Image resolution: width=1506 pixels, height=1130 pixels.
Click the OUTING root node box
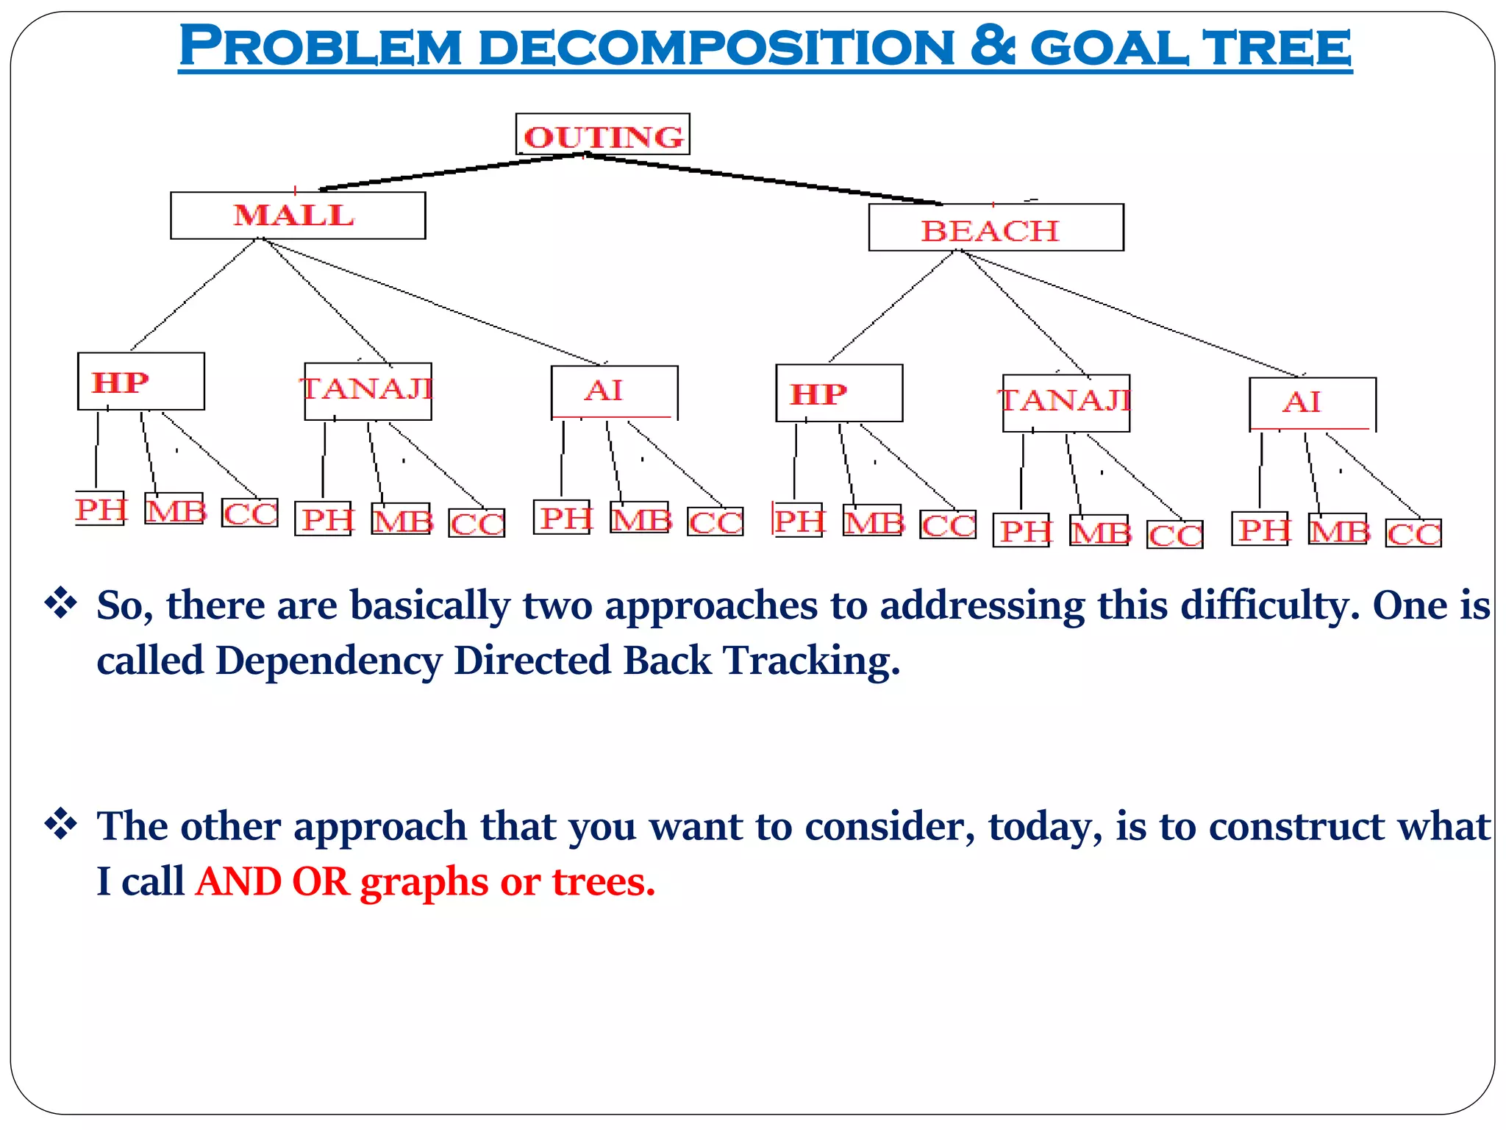point(602,135)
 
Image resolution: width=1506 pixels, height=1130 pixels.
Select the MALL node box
point(297,216)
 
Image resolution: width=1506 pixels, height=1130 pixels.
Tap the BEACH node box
point(996,228)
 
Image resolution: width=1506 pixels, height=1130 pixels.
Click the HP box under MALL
point(140,381)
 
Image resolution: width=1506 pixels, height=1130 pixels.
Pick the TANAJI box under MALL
point(368,391)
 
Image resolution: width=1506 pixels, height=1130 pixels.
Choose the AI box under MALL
point(614,391)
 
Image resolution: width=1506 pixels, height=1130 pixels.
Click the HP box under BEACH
point(839,393)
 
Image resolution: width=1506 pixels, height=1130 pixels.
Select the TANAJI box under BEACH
point(1066,402)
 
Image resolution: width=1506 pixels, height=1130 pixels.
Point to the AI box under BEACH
point(1312,403)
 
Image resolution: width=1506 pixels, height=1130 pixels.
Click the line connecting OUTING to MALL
point(452,171)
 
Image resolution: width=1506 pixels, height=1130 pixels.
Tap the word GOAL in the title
point(1110,48)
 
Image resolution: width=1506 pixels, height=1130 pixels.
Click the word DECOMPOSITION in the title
point(716,48)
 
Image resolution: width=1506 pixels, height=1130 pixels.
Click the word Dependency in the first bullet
point(329,660)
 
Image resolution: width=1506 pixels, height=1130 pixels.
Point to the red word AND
point(238,881)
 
